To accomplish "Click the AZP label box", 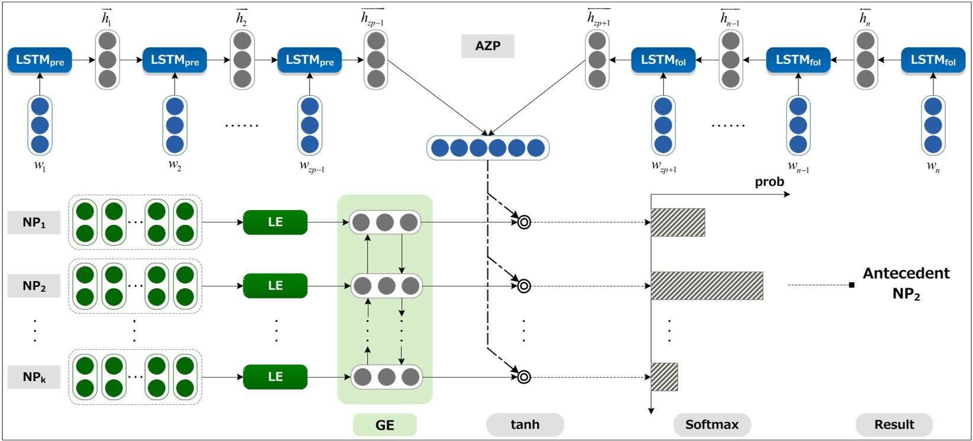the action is (x=488, y=46).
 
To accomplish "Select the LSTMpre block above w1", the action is (x=40, y=60).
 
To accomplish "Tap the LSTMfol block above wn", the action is (x=933, y=60).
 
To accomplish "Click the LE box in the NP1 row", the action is (x=275, y=223).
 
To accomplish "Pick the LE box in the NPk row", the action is (x=275, y=376).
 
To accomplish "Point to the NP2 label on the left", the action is (x=34, y=286).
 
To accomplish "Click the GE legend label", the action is (x=385, y=424).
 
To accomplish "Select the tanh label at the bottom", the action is (x=525, y=424).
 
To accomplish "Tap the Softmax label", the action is (x=712, y=424).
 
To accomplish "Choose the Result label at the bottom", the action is (x=894, y=424).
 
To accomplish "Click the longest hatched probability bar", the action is (x=707, y=286).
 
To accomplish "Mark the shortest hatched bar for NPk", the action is (x=665, y=376).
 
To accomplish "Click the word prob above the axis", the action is (x=769, y=182).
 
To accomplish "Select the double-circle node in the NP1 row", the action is (x=524, y=223).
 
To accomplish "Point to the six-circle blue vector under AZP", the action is (x=488, y=148).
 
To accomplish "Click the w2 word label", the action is (x=175, y=166).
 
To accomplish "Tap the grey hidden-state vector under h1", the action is (x=107, y=60).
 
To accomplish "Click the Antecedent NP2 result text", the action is (x=906, y=284).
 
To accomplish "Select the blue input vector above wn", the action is (x=933, y=125).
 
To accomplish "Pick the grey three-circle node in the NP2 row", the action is (x=386, y=286).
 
